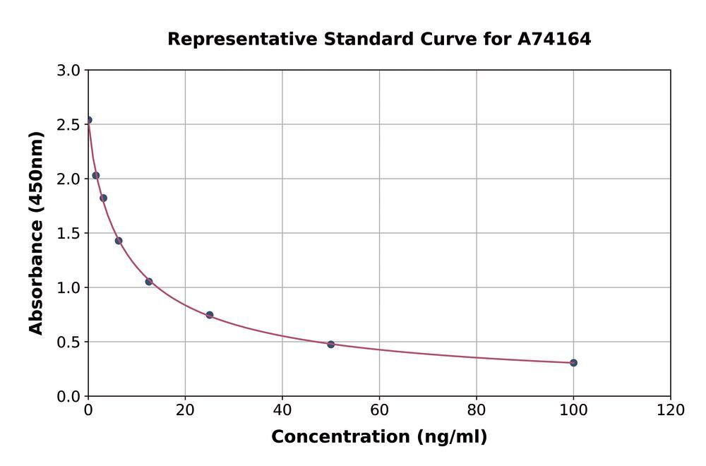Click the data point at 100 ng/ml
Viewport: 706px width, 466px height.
click(x=573, y=363)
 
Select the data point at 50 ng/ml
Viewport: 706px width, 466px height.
click(x=330, y=344)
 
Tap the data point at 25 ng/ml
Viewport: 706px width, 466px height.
click(x=210, y=315)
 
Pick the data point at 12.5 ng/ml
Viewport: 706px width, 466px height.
click(x=149, y=282)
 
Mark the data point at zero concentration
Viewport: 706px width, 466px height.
click(x=88, y=120)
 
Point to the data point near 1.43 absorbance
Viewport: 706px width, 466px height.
click(x=119, y=241)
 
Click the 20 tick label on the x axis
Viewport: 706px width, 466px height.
click(x=185, y=410)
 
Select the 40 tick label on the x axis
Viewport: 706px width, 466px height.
click(x=282, y=410)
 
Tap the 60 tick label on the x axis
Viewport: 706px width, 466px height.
click(x=379, y=410)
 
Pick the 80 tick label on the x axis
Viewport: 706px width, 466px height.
click(x=477, y=410)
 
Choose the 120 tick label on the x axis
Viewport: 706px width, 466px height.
click(x=670, y=410)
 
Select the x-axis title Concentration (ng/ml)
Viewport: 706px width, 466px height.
click(x=379, y=437)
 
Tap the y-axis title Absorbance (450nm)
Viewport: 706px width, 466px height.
click(x=36, y=233)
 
